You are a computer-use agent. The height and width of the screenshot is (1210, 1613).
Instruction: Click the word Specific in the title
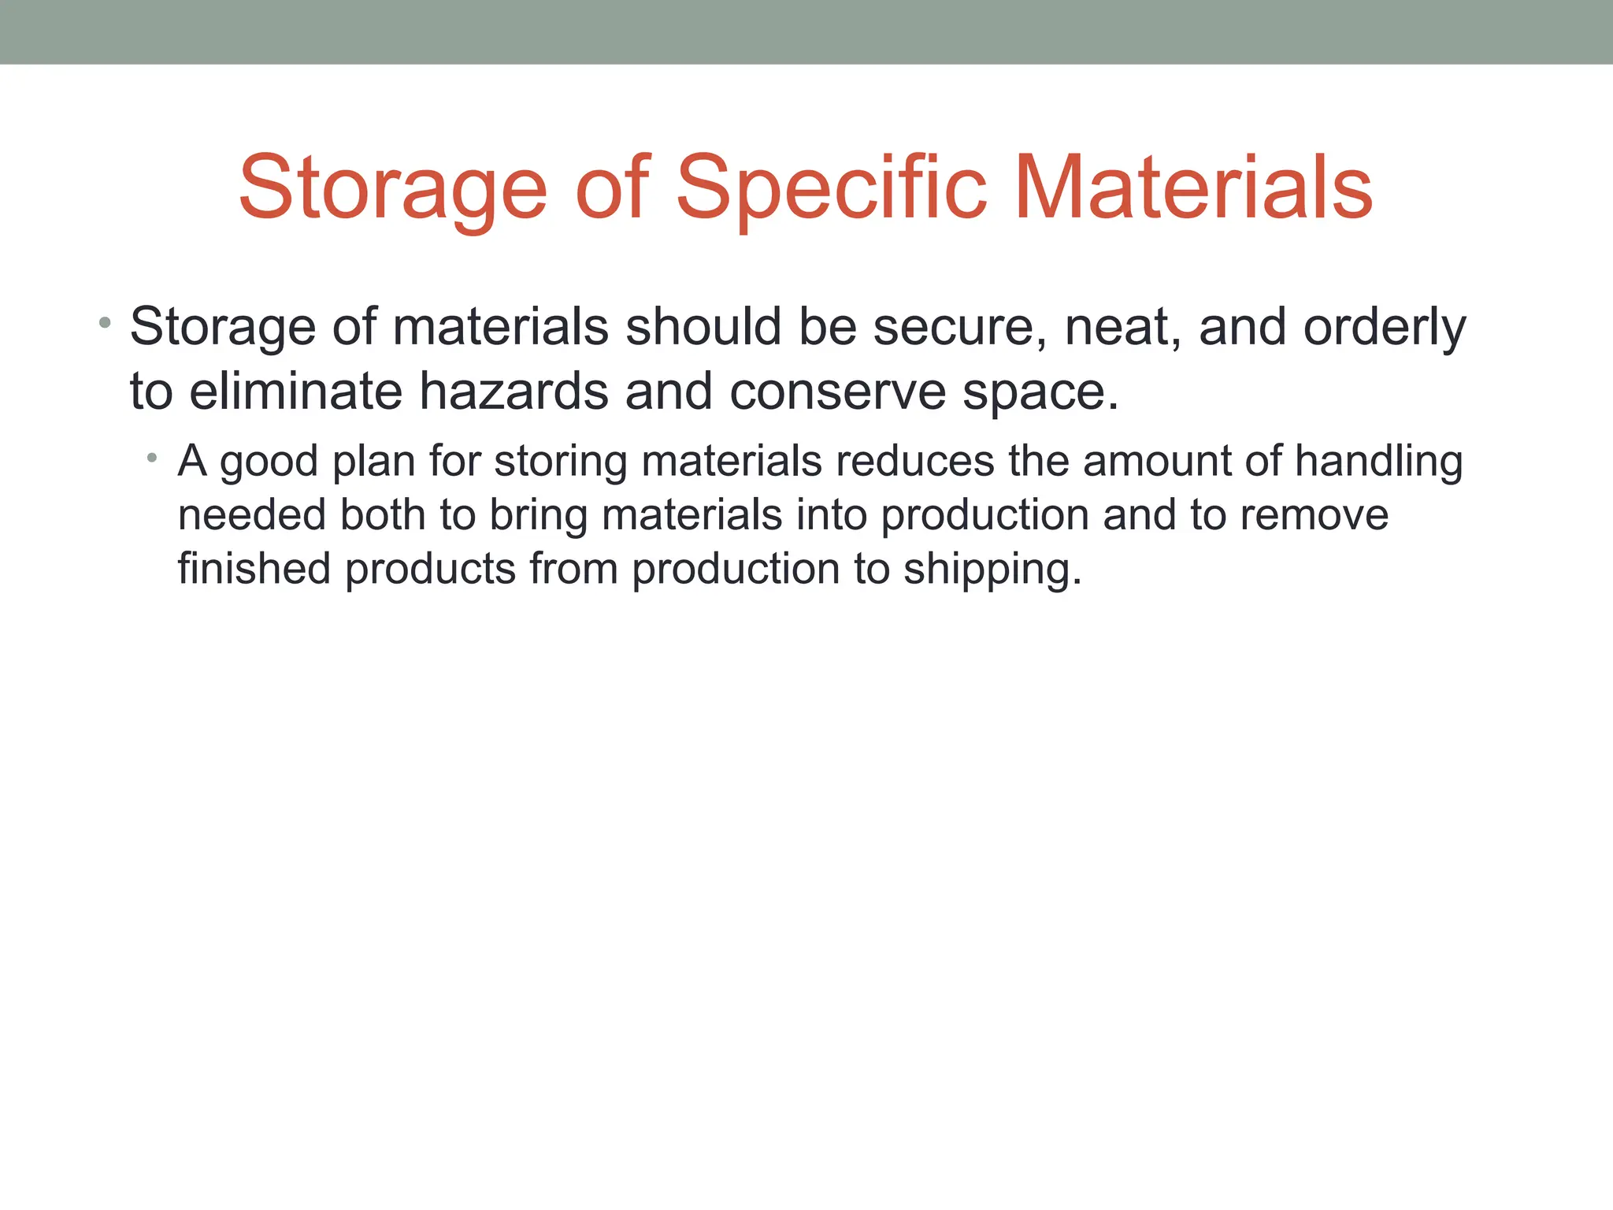coord(831,189)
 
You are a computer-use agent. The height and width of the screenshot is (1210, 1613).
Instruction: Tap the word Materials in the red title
coord(1193,189)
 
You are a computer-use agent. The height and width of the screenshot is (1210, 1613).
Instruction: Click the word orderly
coord(1385,328)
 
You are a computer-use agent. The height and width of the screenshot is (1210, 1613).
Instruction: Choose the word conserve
coord(836,392)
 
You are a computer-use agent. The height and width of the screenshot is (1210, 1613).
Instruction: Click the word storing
coord(560,463)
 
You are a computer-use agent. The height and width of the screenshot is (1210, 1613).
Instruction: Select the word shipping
coord(992,570)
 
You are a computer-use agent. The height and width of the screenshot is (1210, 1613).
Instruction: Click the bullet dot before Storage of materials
coord(105,322)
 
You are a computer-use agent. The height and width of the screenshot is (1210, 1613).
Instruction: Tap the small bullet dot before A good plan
coord(152,458)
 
